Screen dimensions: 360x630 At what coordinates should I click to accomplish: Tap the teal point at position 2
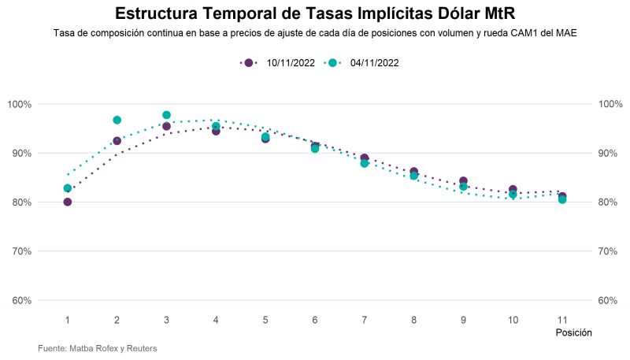(x=117, y=120)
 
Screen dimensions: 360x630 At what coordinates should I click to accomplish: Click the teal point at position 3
(x=166, y=115)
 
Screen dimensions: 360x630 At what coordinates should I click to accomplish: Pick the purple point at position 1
(x=68, y=202)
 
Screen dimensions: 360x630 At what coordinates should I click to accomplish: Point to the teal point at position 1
(x=68, y=188)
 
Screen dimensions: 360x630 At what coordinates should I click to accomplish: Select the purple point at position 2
(x=117, y=141)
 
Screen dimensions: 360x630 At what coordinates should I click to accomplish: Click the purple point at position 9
(x=463, y=181)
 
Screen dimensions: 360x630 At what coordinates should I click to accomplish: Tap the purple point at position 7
(x=365, y=158)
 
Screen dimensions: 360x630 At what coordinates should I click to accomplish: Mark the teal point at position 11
(x=562, y=200)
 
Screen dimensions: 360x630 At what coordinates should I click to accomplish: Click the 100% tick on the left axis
(x=19, y=104)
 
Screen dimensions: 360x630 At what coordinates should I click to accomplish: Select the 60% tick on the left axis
(x=19, y=300)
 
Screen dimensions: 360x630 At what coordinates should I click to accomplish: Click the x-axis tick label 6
(x=315, y=320)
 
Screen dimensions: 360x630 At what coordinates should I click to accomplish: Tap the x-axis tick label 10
(x=513, y=320)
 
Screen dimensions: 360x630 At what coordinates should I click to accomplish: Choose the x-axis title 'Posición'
(x=573, y=333)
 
